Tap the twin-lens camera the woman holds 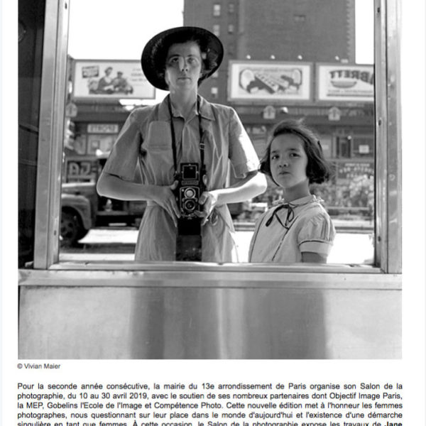click(x=189, y=189)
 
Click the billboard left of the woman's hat click(x=114, y=79)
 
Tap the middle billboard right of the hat click(x=271, y=81)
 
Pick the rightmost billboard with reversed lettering click(x=345, y=82)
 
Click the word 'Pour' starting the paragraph click(x=26, y=386)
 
